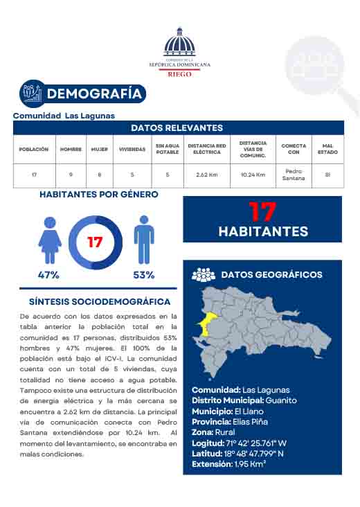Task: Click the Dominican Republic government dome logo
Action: [x=179, y=43]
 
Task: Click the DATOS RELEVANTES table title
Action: [x=177, y=128]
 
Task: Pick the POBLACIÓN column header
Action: [x=34, y=149]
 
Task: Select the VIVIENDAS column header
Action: [x=132, y=149]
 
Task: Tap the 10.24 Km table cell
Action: [x=253, y=175]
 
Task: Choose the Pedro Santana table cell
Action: [x=294, y=175]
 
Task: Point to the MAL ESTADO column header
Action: [x=327, y=149]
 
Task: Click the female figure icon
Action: [x=50, y=240]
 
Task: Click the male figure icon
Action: [x=143, y=240]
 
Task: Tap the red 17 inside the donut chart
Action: [x=95, y=243]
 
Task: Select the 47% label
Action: [x=48, y=275]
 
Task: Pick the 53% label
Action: [x=143, y=275]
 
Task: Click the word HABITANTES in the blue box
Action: [x=263, y=231]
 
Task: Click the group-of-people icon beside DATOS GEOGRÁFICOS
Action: [x=204, y=275]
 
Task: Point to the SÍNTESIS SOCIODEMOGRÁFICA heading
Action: [x=100, y=302]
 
